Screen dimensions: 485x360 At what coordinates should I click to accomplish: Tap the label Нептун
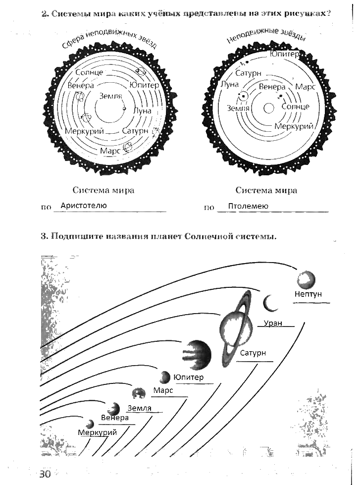pyautogui.click(x=308, y=294)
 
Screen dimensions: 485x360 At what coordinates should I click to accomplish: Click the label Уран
pyautogui.click(x=273, y=323)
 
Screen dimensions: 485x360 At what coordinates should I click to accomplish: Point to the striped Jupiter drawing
pyautogui.click(x=198, y=354)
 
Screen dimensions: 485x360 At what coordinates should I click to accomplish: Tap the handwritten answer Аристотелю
pyautogui.click(x=83, y=205)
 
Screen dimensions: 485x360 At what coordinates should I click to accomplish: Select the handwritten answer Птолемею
pyautogui.click(x=248, y=206)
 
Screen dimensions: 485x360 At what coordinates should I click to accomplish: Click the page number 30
pyautogui.click(x=45, y=474)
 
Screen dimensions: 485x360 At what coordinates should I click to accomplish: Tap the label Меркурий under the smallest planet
pyautogui.click(x=98, y=432)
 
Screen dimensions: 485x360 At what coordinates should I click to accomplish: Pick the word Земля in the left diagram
pyautogui.click(x=110, y=96)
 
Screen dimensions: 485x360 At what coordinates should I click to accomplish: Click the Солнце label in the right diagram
pyautogui.click(x=295, y=107)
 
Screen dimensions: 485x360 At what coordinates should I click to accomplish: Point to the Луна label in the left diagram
pyautogui.click(x=142, y=111)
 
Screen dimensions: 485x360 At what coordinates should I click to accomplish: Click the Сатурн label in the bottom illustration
pyautogui.click(x=253, y=353)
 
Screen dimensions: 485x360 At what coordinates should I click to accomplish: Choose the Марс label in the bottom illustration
pyautogui.click(x=162, y=390)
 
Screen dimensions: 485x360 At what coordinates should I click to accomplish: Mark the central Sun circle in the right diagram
pyautogui.click(x=269, y=108)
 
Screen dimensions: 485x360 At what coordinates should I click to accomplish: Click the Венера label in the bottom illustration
pyautogui.click(x=114, y=418)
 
